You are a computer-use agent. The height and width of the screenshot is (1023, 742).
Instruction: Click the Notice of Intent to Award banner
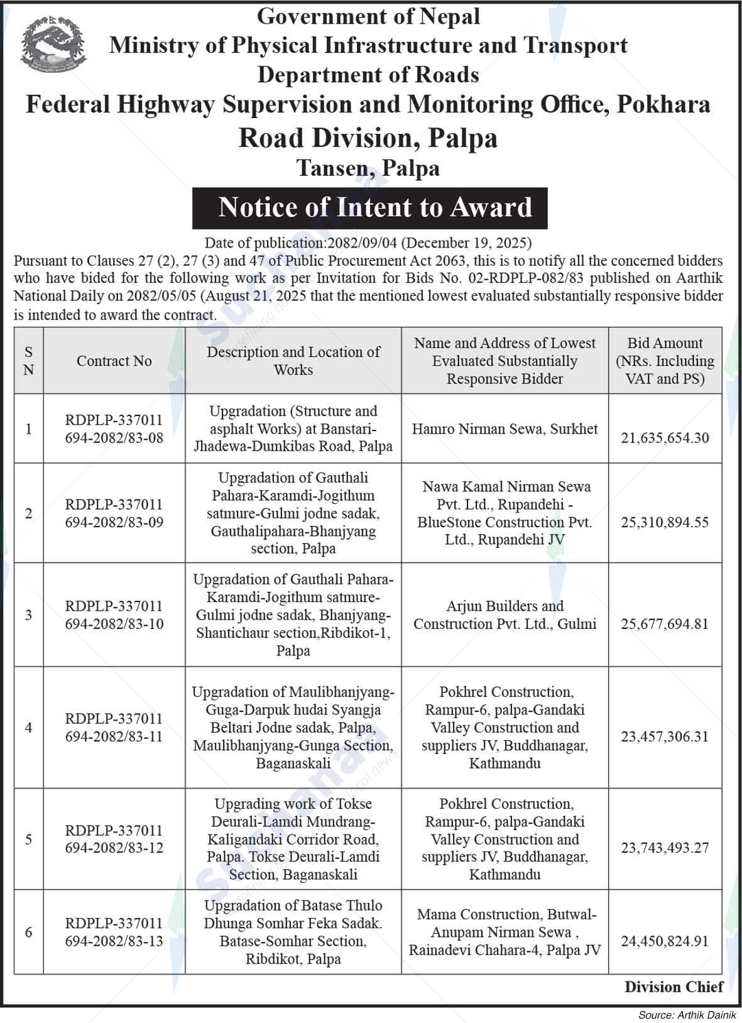[369, 207]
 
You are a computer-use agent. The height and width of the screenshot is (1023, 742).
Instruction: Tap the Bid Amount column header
[665, 361]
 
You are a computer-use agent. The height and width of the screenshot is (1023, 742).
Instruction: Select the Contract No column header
[114, 361]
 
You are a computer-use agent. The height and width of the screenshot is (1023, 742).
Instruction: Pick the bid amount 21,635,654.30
[665, 438]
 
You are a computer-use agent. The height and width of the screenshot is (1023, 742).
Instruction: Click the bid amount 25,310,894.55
[665, 522]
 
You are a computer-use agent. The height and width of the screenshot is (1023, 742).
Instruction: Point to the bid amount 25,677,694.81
[665, 624]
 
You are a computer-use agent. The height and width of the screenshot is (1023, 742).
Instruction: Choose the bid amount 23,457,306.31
[665, 736]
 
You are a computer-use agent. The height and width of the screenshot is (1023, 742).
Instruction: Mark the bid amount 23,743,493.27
[665, 848]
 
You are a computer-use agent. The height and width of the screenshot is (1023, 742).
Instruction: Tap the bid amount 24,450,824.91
[665, 941]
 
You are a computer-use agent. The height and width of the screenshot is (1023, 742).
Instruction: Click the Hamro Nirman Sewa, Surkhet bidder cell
[505, 429]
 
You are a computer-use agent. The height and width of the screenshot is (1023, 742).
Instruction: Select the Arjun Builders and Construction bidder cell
[505, 615]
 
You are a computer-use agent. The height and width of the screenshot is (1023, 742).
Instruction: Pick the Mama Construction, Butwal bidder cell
[505, 932]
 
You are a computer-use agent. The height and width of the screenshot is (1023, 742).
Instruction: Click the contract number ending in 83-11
[114, 728]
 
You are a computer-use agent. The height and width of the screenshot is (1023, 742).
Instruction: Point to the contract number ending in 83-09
[114, 513]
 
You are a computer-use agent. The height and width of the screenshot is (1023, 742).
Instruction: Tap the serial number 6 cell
[28, 932]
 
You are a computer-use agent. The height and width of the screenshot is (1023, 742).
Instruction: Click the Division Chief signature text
[674, 987]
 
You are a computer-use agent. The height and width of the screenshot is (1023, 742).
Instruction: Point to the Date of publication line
[368, 243]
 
